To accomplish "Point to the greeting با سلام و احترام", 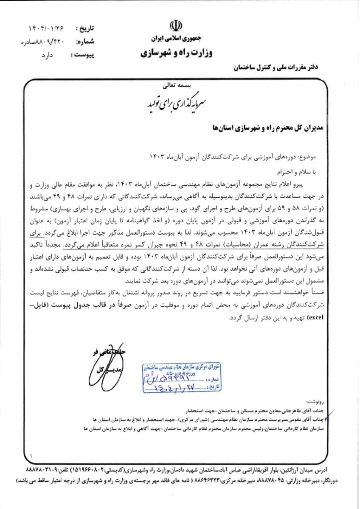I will click(x=309, y=172).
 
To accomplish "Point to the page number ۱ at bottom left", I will click(x=31, y=455).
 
